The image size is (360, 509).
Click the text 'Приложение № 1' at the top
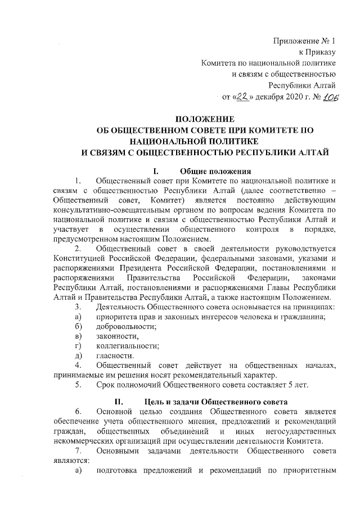(x=304, y=41)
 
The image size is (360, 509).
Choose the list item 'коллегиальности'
(x=127, y=345)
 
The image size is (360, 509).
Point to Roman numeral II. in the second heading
(x=118, y=403)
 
